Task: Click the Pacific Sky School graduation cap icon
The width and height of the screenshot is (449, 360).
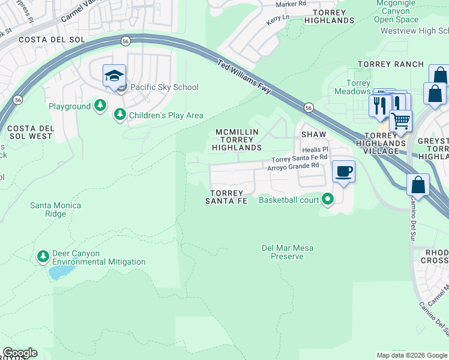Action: [x=114, y=76]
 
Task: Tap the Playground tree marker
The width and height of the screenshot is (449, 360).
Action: [x=101, y=106]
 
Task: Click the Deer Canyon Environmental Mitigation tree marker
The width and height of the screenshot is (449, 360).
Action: [x=43, y=257]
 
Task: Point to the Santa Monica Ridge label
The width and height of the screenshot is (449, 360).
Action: [x=56, y=209]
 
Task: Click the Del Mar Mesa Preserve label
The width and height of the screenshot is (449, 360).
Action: [x=287, y=252]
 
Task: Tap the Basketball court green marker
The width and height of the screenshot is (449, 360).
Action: [x=327, y=199]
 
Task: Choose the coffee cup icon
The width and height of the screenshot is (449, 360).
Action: [x=344, y=172]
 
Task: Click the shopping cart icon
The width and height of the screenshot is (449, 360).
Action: [x=400, y=120]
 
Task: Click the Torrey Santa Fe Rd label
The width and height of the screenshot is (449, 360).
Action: [x=299, y=159]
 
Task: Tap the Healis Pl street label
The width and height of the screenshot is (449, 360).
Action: [x=315, y=149]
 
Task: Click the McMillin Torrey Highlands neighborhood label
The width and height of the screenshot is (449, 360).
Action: [x=237, y=139]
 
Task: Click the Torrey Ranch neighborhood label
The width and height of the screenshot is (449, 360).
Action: [x=391, y=64]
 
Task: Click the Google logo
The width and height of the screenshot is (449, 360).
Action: [x=20, y=353]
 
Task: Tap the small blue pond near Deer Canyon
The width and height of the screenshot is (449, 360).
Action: [x=58, y=274]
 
